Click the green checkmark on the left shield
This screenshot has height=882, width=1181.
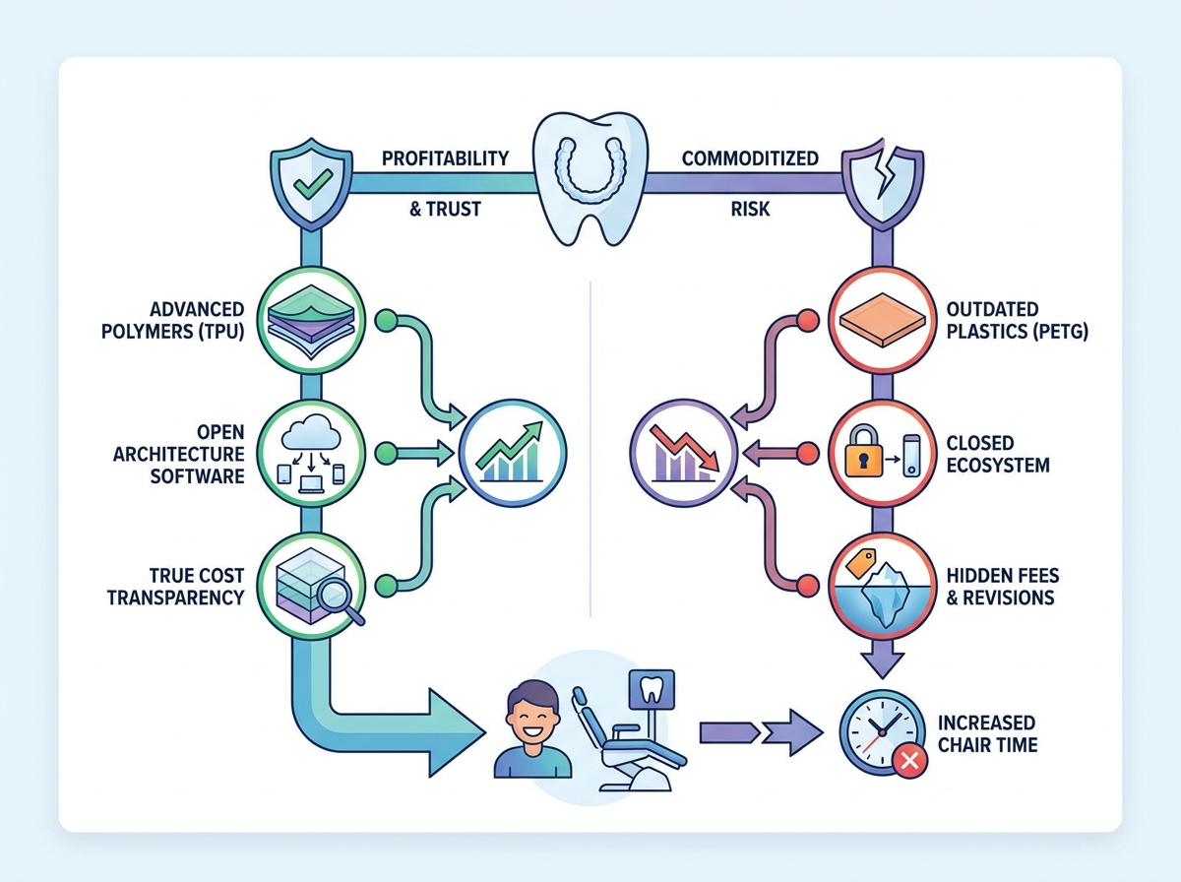click(x=312, y=183)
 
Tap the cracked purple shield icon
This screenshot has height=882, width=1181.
click(x=883, y=181)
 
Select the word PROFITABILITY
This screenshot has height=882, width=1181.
click(x=445, y=158)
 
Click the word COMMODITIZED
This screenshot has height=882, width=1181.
click(x=750, y=158)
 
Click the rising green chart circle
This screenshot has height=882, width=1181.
click(x=512, y=453)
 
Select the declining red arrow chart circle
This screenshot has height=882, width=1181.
click(x=683, y=453)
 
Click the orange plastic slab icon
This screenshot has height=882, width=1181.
click(x=883, y=321)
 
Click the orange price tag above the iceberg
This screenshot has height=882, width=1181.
click(x=860, y=562)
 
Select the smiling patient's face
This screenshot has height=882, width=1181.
click(x=532, y=713)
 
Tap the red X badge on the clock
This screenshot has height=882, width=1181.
click(x=909, y=761)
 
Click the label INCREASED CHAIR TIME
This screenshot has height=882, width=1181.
click(x=988, y=733)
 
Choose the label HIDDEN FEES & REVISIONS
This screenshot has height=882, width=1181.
click(x=1003, y=587)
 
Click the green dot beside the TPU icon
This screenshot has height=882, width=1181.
click(x=386, y=321)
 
